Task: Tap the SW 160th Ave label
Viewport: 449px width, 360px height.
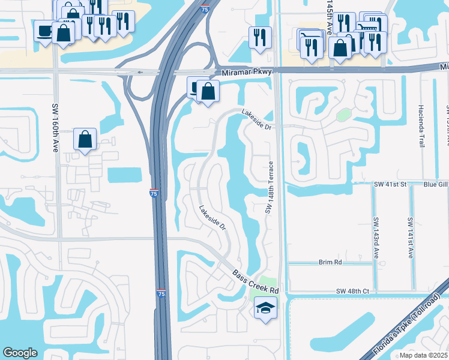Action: click(55, 128)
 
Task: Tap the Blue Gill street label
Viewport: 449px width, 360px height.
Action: click(435, 185)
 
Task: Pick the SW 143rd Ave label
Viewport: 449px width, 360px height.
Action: click(376, 238)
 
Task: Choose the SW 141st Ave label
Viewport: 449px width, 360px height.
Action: click(410, 238)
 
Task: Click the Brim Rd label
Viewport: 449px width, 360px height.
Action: click(330, 263)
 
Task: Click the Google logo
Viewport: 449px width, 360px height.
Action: click(20, 353)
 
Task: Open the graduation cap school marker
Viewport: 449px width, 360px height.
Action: click(265, 308)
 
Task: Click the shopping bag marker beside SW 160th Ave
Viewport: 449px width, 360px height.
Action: click(85, 139)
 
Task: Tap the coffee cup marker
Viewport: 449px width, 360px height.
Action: click(44, 31)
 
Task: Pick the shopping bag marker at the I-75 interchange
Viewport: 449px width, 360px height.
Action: click(208, 92)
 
